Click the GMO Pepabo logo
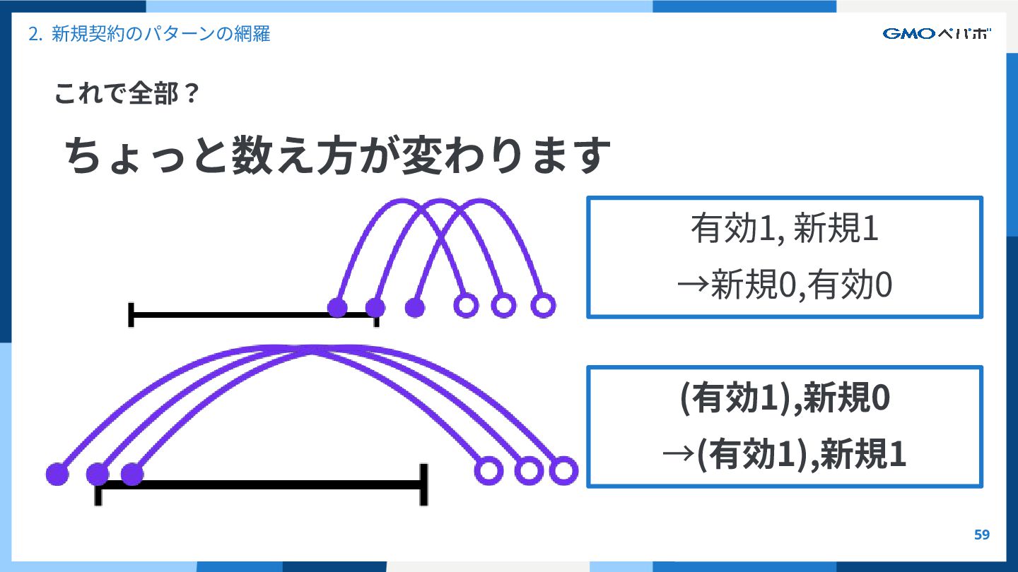[937, 33]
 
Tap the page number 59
[982, 535]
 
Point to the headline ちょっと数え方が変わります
[338, 156]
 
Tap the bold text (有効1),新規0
[785, 400]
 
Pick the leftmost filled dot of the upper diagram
[338, 307]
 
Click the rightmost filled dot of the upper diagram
[415, 308]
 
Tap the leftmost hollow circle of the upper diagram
[466, 306]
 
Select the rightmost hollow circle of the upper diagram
[543, 306]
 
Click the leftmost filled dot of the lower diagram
[57, 475]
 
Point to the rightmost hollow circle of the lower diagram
[563, 470]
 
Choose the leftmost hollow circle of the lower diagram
[488, 470]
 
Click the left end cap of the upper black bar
[131, 315]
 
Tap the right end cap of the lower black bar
[423, 484]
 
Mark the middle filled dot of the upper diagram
[375, 308]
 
